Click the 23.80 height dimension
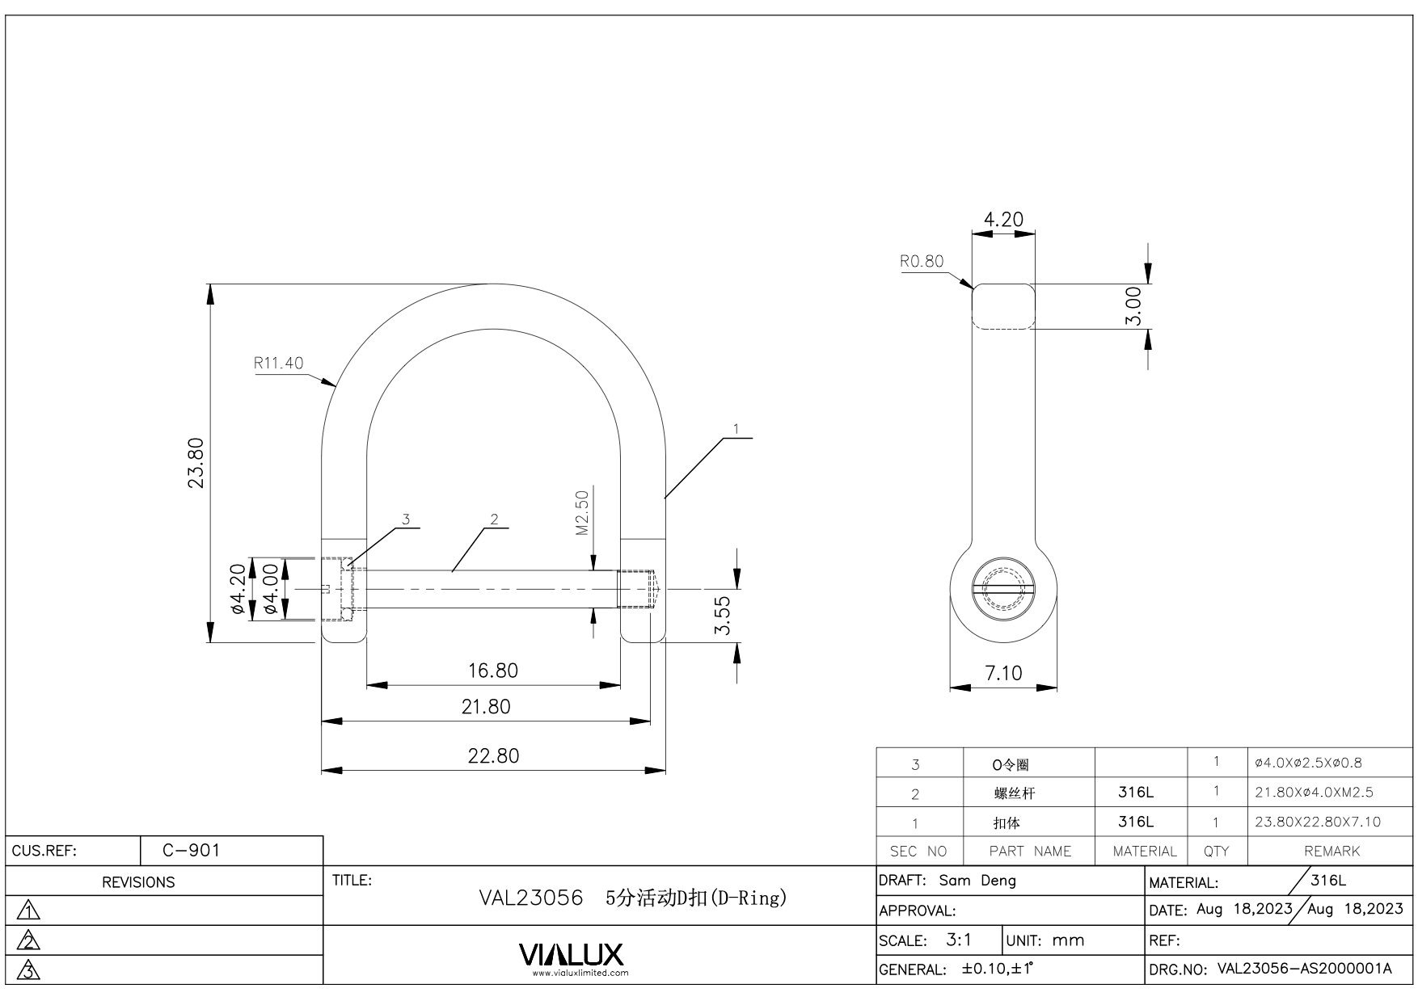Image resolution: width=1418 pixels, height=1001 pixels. tap(196, 463)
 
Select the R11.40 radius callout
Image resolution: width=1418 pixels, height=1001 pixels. tap(278, 363)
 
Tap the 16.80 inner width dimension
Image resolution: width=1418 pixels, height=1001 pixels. tap(492, 671)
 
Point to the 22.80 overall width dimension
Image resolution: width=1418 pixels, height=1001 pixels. tap(493, 756)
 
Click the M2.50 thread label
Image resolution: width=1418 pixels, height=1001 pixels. tap(582, 513)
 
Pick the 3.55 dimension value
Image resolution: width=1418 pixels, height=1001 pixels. tap(723, 616)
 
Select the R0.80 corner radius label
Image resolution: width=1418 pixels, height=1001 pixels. tap(921, 261)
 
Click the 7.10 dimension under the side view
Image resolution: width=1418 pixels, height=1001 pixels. tap(1002, 673)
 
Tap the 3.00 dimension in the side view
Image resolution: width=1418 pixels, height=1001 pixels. tap(1133, 306)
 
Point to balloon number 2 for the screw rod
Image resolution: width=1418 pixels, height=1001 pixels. tap(494, 519)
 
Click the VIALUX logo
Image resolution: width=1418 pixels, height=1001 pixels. tap(571, 955)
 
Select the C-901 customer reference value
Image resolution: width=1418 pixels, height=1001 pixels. tap(191, 850)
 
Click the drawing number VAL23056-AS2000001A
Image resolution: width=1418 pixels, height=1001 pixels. tap(1304, 969)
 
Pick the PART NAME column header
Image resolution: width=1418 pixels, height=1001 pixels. tap(1029, 851)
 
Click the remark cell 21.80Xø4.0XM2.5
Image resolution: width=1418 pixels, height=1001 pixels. tap(1314, 793)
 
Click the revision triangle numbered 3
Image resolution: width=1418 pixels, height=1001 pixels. tap(29, 970)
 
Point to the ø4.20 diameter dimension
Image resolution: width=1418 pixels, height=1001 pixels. tap(238, 589)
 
